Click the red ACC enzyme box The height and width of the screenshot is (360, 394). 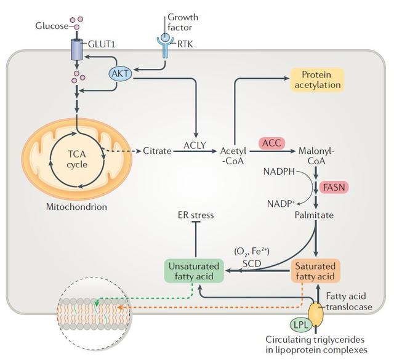pos(271,142)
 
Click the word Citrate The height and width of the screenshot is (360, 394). pos(156,151)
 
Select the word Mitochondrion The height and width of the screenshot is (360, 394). pos(76,207)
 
